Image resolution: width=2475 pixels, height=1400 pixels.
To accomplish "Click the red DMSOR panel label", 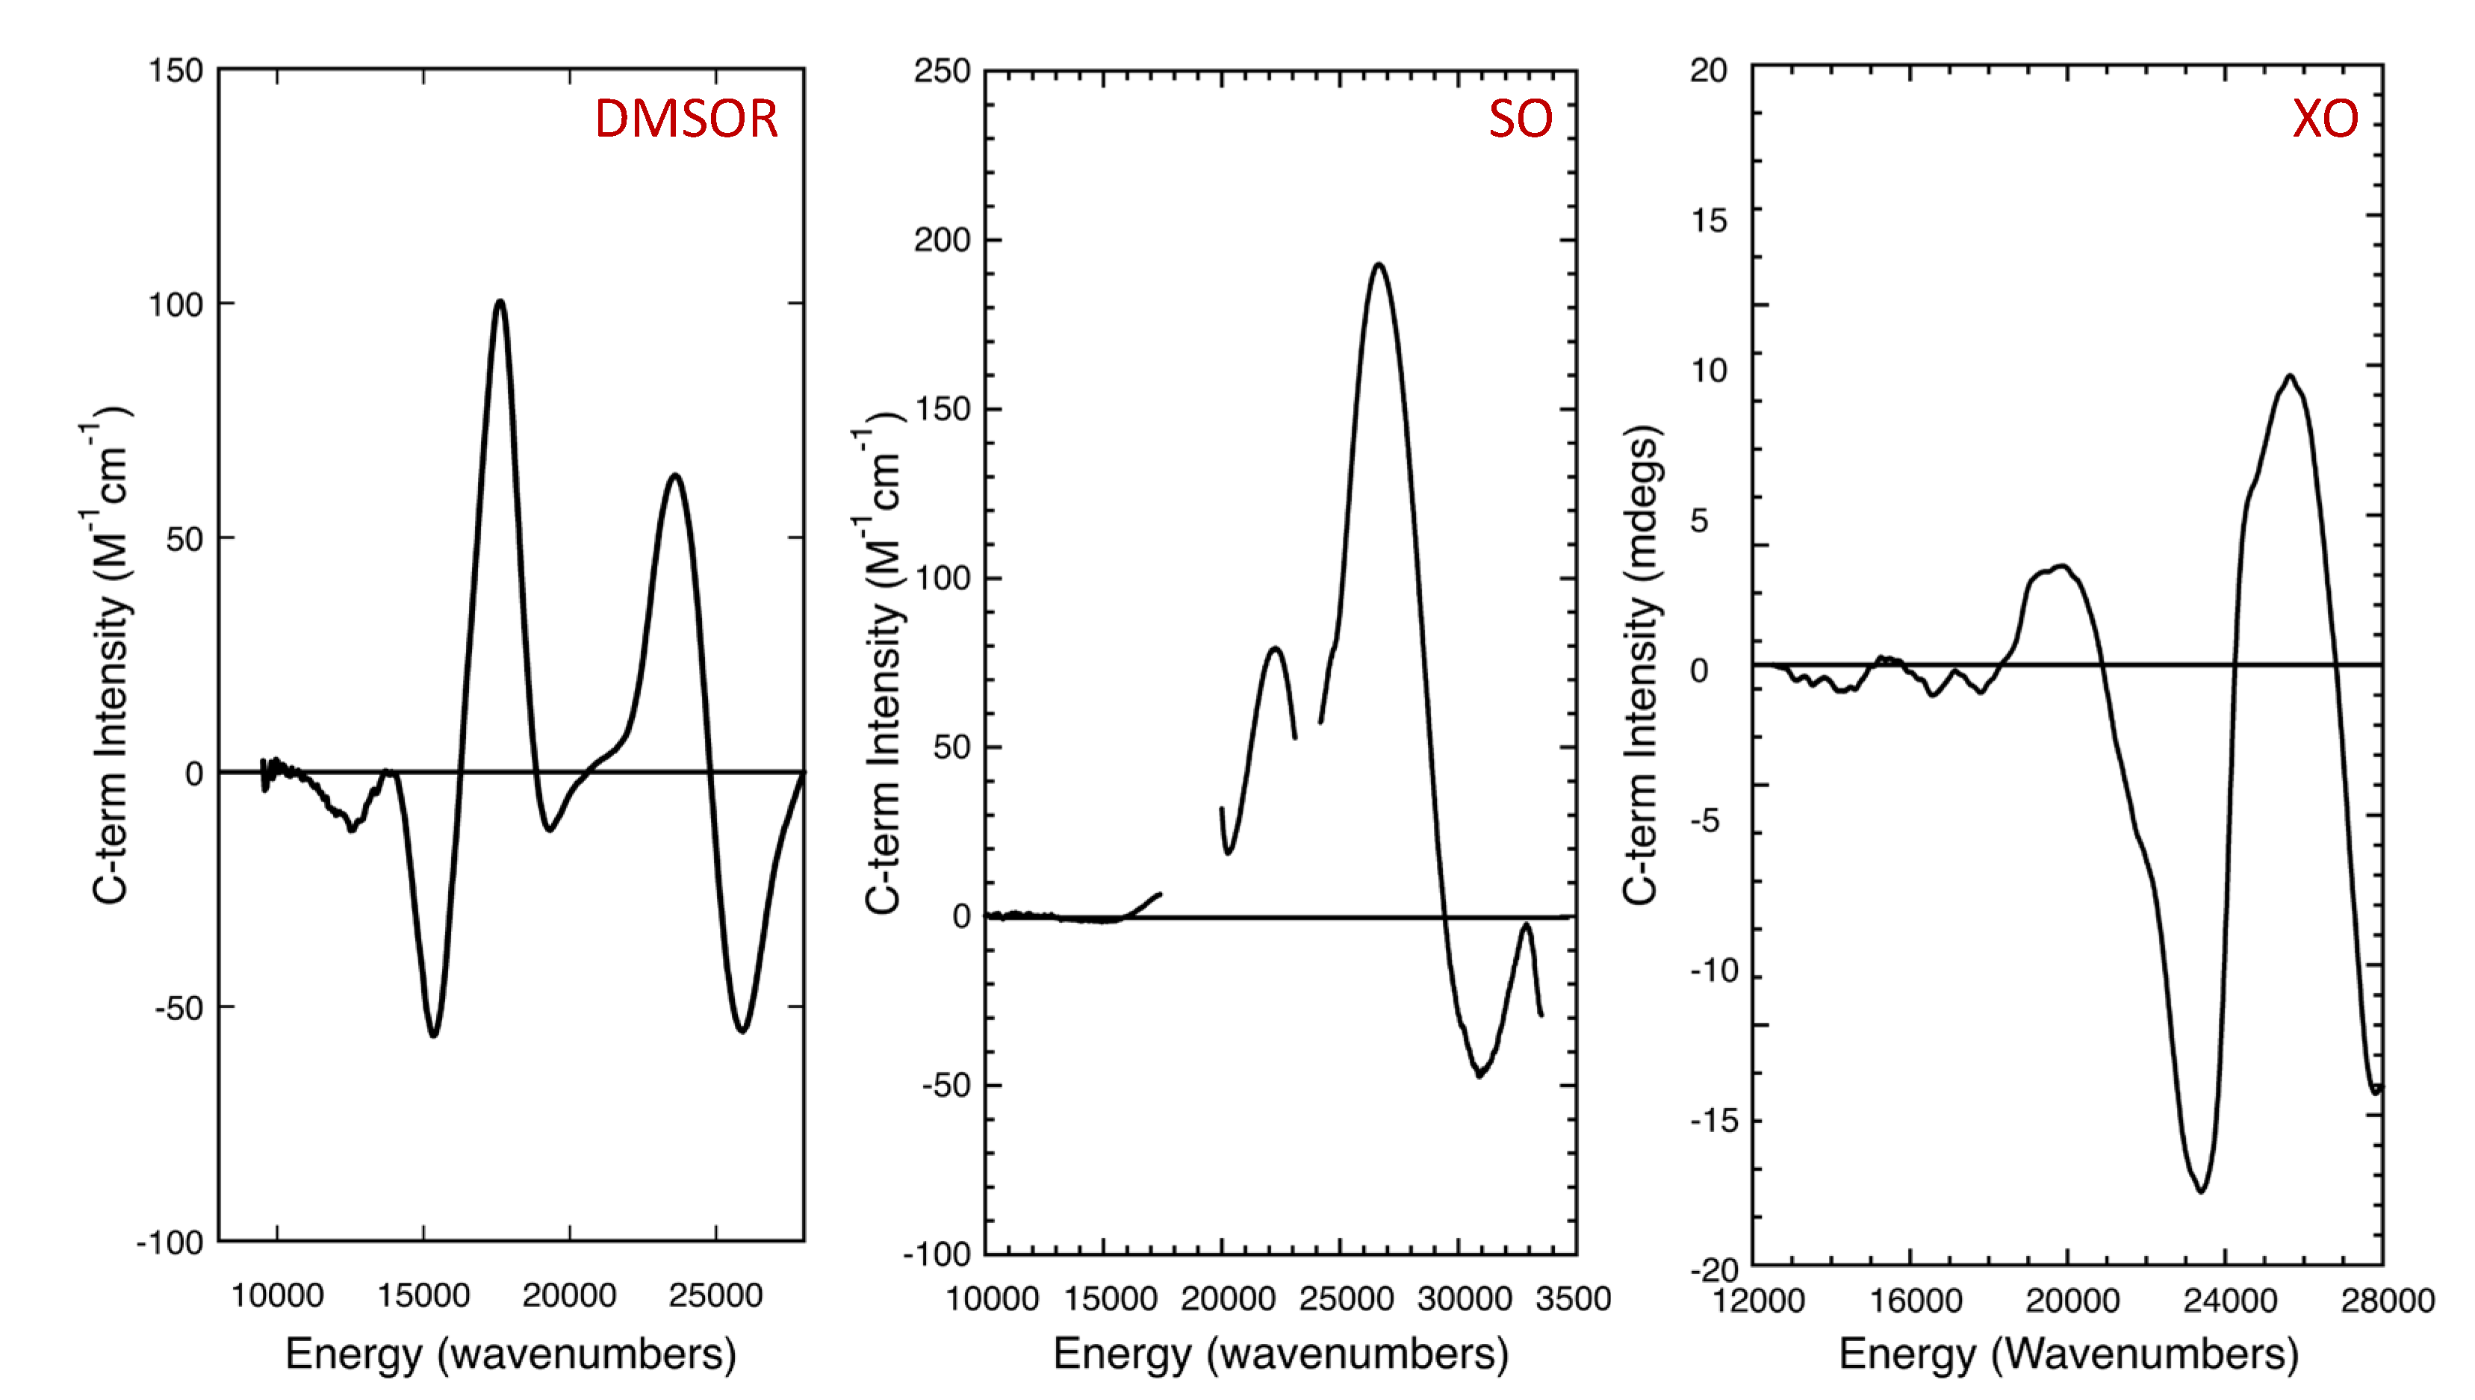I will coord(686,119).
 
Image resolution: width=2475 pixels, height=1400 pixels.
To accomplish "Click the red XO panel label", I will coord(2324,119).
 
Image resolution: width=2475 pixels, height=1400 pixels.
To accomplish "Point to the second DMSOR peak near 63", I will coord(675,475).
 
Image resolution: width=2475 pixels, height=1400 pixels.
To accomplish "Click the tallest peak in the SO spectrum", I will coord(1379,264).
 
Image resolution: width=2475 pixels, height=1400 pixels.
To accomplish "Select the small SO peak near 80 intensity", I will coord(1275,648).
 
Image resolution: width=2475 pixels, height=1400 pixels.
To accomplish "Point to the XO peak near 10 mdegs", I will coord(2290,376).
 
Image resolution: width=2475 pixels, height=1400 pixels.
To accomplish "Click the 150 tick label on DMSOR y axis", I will coord(175,71).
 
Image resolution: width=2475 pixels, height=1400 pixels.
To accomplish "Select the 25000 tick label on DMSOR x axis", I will coord(715,1296).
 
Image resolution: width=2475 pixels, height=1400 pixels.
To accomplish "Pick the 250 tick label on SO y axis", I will coord(941,71).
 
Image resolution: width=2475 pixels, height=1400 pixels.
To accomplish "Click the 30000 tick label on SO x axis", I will coord(1464,1299).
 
